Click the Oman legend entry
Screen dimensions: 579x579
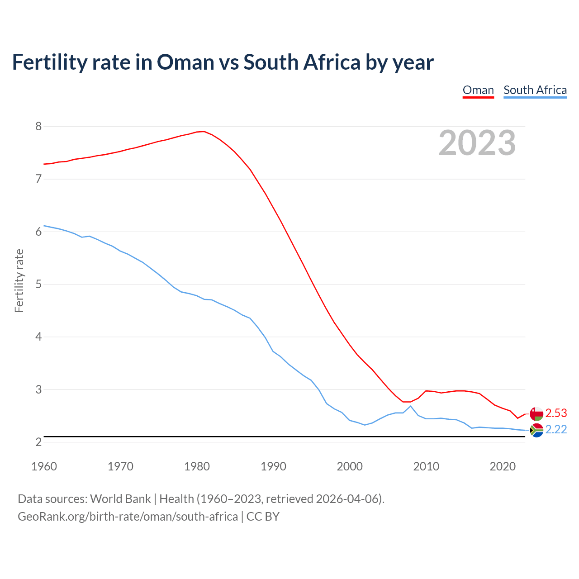(478, 90)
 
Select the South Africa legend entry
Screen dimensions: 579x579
(535, 90)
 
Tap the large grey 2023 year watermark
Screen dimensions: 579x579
(477, 143)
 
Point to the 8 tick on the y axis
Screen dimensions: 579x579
(38, 127)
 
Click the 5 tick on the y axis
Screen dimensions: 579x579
(38, 285)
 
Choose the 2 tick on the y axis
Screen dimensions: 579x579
(38, 442)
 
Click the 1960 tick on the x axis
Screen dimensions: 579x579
(44, 466)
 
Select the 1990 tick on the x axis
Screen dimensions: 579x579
(273, 466)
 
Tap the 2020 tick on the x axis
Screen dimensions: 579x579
(503, 466)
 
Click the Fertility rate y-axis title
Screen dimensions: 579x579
(19, 280)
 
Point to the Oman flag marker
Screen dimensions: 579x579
(536, 413)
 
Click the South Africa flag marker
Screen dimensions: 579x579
(536, 430)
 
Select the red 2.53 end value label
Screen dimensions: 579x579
(556, 413)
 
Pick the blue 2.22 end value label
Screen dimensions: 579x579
(556, 429)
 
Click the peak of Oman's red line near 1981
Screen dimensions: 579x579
(204, 132)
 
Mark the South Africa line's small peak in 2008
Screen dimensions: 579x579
(410, 406)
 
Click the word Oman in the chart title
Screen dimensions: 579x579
(185, 62)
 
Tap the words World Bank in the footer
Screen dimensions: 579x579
(120, 499)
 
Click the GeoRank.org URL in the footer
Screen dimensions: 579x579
(128, 517)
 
